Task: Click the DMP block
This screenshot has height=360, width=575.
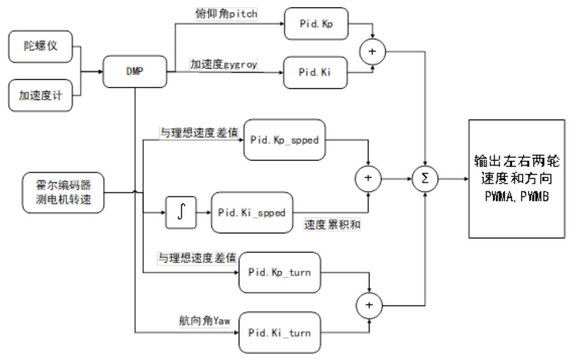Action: point(134,71)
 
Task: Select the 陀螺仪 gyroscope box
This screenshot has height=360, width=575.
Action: point(40,46)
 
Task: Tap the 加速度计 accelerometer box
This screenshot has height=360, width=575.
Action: point(40,96)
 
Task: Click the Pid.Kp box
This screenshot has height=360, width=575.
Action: point(315,23)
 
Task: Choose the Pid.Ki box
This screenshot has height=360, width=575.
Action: point(315,72)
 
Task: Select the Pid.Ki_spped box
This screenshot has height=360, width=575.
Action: point(252,213)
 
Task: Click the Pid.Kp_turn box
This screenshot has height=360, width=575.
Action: point(280,272)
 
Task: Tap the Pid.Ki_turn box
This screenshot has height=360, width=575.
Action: point(280,333)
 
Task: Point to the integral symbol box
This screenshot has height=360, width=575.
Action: point(180,212)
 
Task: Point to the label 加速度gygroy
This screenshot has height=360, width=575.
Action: point(223,64)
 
